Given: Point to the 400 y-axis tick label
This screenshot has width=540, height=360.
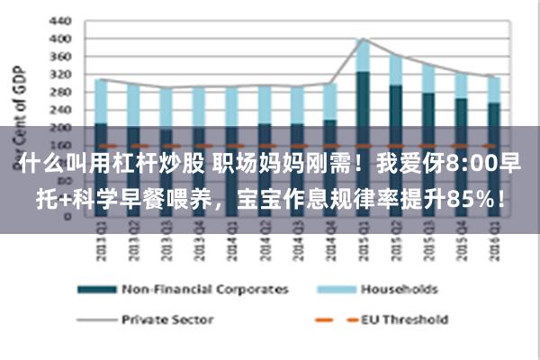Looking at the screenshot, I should point(58,39).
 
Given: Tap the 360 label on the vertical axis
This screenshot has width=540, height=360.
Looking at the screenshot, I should point(58,57).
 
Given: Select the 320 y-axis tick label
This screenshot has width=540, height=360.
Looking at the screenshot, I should point(58,74).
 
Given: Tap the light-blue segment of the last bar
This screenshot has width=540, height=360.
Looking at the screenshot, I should point(493,89).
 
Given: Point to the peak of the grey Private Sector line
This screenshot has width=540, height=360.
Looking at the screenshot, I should point(363,39).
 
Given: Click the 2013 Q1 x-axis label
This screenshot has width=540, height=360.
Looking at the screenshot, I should point(101,240).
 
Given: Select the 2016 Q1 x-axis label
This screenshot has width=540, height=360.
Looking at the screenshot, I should point(493,240).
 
